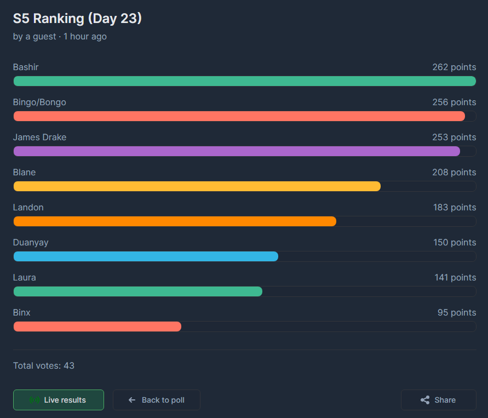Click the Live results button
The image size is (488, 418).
(x=59, y=400)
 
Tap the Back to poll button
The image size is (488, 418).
(x=157, y=400)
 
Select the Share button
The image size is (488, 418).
(x=438, y=400)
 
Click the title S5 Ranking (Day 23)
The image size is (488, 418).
(x=77, y=19)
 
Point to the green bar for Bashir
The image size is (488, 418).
(x=244, y=81)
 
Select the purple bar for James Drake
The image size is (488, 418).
(x=237, y=151)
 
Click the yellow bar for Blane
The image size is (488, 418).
(x=197, y=186)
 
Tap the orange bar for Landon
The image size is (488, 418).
(x=175, y=221)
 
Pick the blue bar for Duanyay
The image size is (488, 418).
(x=146, y=256)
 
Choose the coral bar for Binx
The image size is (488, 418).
(x=97, y=327)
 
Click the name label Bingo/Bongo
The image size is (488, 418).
(x=39, y=102)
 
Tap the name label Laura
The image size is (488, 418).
(x=25, y=278)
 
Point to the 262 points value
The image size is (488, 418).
(x=454, y=67)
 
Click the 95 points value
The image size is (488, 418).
(x=457, y=313)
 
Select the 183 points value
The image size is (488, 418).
(x=454, y=208)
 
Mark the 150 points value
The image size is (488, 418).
(x=455, y=243)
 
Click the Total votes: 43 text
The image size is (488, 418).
(x=44, y=365)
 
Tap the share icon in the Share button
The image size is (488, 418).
(x=425, y=400)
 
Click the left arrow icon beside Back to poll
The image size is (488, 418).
(x=132, y=400)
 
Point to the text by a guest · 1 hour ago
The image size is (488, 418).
(x=60, y=37)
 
